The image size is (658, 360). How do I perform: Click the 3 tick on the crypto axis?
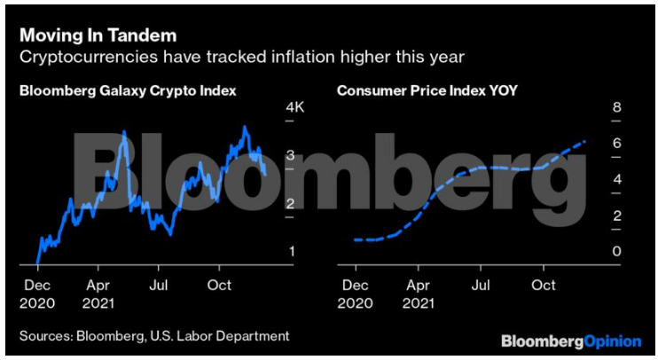(292, 156)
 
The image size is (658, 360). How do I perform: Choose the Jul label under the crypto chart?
(159, 286)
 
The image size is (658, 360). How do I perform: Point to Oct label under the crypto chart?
(218, 286)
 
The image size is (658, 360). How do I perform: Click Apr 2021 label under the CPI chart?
(416, 293)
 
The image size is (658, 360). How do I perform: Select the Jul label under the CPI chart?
(480, 286)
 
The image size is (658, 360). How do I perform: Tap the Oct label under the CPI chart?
(543, 286)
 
